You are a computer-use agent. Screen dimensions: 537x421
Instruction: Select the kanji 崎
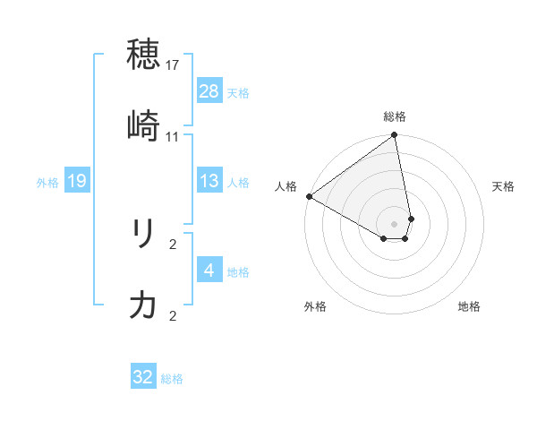coord(144,126)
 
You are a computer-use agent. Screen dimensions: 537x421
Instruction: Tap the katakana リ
coord(144,235)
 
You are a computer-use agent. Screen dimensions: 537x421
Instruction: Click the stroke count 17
coord(173,65)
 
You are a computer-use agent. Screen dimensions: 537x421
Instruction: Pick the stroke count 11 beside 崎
coord(173,137)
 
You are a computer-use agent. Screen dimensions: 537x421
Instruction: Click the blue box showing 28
coord(209,90)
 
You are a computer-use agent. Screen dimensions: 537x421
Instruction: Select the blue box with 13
coord(209,181)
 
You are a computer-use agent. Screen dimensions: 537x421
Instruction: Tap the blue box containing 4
coord(209,270)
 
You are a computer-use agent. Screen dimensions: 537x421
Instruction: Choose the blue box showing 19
coord(77,181)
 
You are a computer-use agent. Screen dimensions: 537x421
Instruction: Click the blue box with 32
coord(143,377)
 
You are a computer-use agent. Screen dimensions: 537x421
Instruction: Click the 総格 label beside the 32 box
coord(172,379)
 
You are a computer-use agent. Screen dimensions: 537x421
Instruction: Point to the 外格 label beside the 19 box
coord(47,183)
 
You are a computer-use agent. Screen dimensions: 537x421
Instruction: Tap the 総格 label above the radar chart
coord(395,116)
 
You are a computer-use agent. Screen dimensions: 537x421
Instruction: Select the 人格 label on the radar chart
coord(286,186)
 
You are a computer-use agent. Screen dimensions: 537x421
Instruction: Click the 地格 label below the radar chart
coord(469,306)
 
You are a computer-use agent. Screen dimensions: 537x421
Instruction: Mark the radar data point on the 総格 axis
coord(395,136)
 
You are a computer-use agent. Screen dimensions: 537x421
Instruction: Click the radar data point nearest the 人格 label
coord(309,196)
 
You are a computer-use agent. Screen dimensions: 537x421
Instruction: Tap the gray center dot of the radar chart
coord(395,223)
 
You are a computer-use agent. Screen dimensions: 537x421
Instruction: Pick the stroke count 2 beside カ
coord(173,316)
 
